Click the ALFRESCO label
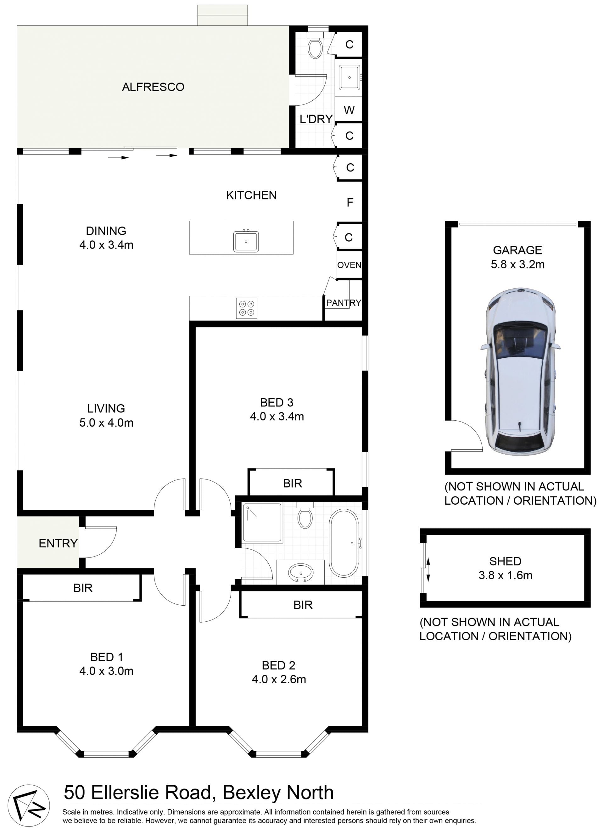pyautogui.click(x=153, y=87)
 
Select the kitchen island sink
pyautogui.click(x=245, y=242)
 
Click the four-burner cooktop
pyautogui.click(x=247, y=308)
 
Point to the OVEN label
pyautogui.click(x=349, y=265)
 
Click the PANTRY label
pyautogui.click(x=343, y=303)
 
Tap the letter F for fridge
pyautogui.click(x=350, y=203)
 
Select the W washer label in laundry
pyautogui.click(x=349, y=110)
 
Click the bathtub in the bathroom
pyautogui.click(x=344, y=543)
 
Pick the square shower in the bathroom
pyautogui.click(x=262, y=523)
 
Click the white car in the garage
pyautogui.click(x=520, y=372)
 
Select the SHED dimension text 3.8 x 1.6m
pyautogui.click(x=505, y=575)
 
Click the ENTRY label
pyautogui.click(x=58, y=543)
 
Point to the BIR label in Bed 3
pyautogui.click(x=292, y=483)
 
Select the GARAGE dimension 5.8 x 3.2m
pyautogui.click(x=517, y=265)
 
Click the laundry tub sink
pyautogui.click(x=349, y=77)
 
